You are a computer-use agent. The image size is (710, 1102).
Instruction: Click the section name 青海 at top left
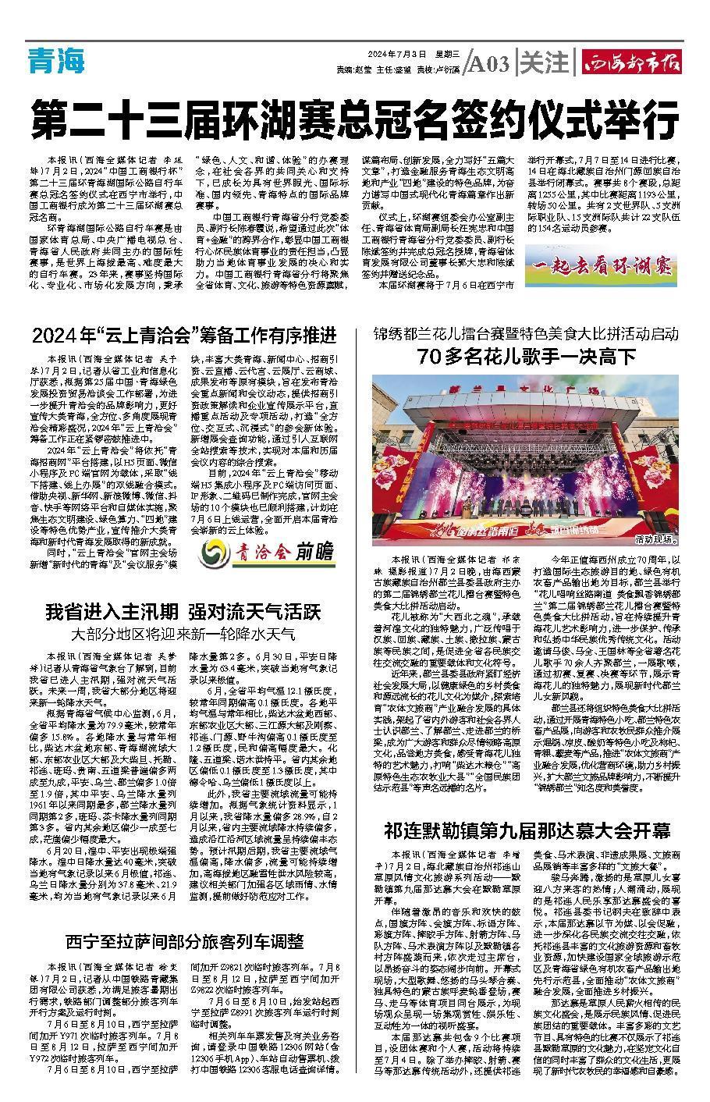(x=56, y=60)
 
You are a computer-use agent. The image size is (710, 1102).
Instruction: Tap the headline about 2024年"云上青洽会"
(x=184, y=336)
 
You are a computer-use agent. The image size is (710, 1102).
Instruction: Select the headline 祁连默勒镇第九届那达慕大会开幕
(x=527, y=828)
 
